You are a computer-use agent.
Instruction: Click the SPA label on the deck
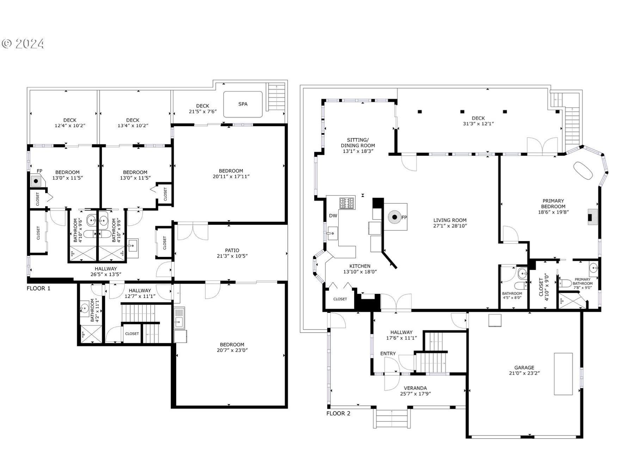(x=243, y=104)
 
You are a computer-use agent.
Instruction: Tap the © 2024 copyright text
(x=23, y=44)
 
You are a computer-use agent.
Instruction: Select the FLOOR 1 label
(x=38, y=288)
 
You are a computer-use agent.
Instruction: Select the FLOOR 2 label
(x=338, y=413)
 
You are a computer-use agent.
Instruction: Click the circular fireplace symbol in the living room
(x=395, y=217)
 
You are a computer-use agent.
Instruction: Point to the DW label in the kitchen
(x=333, y=216)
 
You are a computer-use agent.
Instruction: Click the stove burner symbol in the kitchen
(x=347, y=203)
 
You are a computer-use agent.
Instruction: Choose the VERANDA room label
(x=415, y=391)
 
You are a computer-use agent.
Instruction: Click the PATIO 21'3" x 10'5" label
(x=232, y=253)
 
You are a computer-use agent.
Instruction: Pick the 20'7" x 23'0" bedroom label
(x=232, y=347)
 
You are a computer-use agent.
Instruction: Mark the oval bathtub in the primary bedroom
(x=583, y=171)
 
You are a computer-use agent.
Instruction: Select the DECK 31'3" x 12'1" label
(x=478, y=121)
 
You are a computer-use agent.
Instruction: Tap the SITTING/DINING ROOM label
(x=358, y=145)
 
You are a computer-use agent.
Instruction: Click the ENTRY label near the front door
(x=388, y=353)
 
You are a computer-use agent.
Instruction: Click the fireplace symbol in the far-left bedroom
(x=36, y=181)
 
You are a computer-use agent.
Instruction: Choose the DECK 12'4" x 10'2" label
(x=70, y=123)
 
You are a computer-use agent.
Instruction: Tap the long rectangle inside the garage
(x=563, y=374)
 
